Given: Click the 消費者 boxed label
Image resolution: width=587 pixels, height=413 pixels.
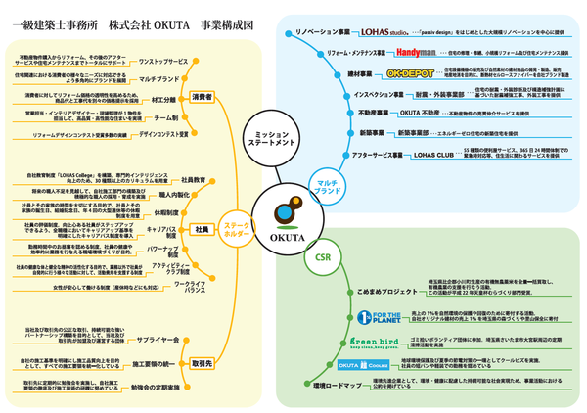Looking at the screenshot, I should pos(202,97).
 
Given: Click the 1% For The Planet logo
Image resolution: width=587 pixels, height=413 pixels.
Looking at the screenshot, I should pos(373,317).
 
